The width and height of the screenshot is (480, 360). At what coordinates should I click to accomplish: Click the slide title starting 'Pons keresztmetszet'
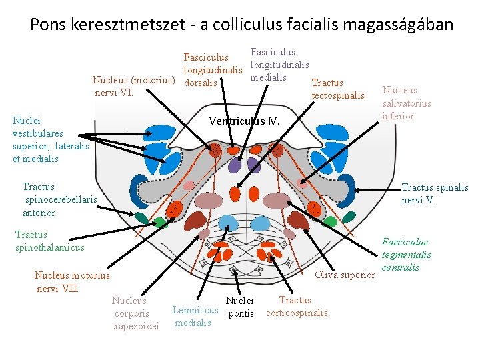tap(241, 25)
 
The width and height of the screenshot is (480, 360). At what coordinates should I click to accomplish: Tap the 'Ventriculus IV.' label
tap(245, 121)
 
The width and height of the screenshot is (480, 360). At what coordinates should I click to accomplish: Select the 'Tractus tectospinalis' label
tap(338, 89)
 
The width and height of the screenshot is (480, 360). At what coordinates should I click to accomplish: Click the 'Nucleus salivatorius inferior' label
tap(406, 103)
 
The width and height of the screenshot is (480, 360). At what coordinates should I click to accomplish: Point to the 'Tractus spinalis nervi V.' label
tap(435, 194)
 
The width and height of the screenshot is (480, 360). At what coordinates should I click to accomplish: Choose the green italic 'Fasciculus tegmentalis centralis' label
tap(406, 255)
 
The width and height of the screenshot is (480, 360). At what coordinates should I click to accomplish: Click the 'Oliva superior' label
tap(345, 275)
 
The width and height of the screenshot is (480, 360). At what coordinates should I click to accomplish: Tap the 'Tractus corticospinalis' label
tap(297, 307)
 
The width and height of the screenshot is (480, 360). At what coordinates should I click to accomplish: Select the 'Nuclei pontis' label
tap(240, 307)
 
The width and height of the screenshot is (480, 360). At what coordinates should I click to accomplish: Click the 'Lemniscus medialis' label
tap(195, 316)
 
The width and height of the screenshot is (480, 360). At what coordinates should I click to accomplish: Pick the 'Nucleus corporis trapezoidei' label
tap(136, 313)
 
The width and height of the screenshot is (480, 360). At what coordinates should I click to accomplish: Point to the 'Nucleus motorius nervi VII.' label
tap(72, 282)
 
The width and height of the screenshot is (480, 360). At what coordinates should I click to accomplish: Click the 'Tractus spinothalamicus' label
tap(50, 241)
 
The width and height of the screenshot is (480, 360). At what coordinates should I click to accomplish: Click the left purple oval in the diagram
tap(235, 165)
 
